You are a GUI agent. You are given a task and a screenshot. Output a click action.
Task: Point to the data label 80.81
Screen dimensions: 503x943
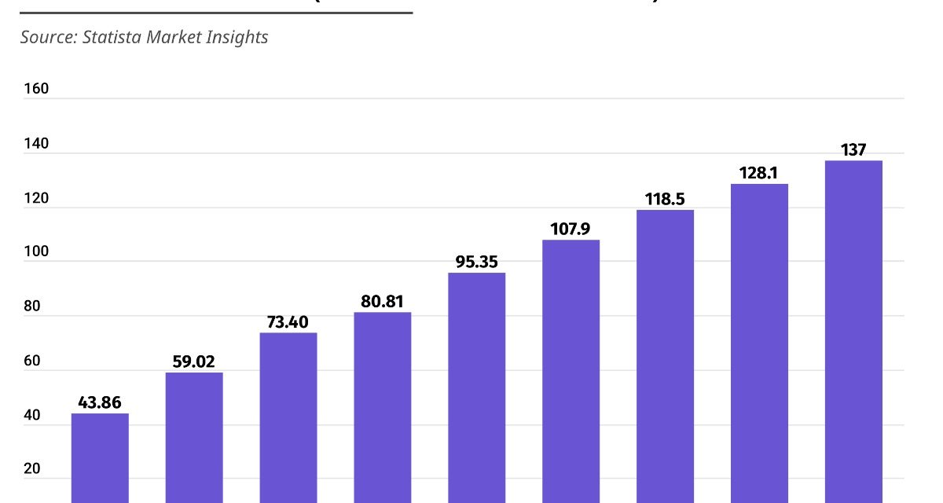[383, 300]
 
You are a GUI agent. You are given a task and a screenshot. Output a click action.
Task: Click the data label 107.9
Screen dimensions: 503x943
[571, 228]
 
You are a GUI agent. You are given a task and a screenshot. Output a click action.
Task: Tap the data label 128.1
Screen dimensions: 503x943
[759, 172]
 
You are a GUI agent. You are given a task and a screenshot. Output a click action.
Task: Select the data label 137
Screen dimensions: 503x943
[853, 149]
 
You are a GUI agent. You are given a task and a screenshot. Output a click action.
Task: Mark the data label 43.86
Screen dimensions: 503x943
[100, 402]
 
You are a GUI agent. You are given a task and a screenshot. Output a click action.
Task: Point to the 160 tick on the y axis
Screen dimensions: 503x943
[36, 89]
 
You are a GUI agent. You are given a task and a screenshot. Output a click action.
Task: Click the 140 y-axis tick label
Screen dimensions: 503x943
[36, 144]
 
